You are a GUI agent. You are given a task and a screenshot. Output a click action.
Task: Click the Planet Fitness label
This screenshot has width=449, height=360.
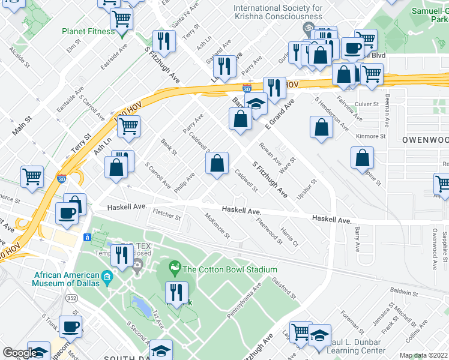88,31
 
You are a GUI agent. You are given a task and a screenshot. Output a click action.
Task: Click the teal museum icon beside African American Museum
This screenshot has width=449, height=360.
107,276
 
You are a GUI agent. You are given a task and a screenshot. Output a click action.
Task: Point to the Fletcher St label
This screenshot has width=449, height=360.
166,213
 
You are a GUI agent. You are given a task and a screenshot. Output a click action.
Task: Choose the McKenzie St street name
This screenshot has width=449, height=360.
217,226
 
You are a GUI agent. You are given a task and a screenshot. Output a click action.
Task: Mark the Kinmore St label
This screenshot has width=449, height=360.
370,136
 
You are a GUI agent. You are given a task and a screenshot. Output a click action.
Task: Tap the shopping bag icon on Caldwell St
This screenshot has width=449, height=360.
218,164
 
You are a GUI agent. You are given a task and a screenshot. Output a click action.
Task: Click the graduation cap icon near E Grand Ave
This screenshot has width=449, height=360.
256,103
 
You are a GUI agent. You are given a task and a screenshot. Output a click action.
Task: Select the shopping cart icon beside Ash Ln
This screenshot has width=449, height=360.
128,127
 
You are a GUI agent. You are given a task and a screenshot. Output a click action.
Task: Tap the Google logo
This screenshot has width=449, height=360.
20,353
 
